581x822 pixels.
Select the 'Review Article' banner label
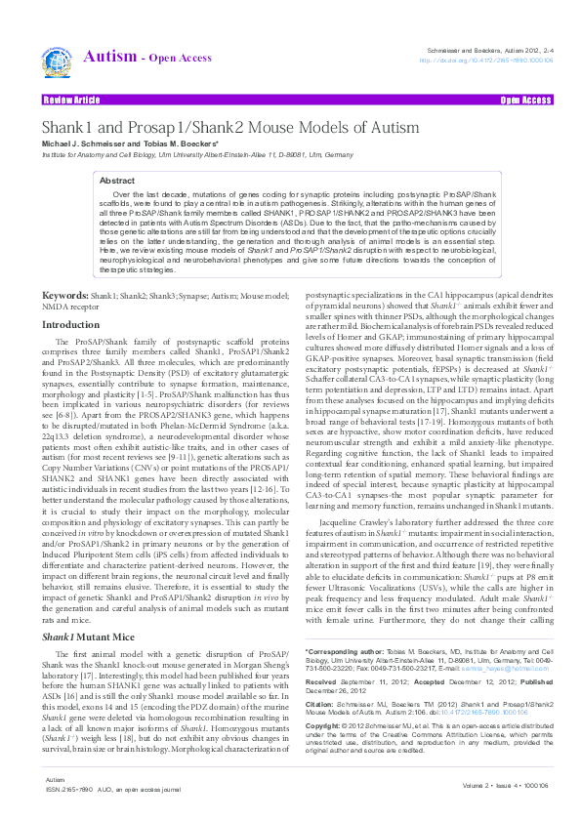point(70,100)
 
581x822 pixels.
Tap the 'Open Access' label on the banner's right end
point(525,100)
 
